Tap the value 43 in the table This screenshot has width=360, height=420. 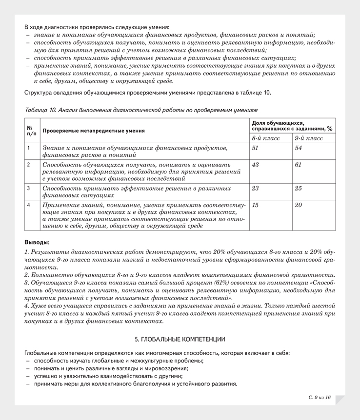click(x=255, y=165)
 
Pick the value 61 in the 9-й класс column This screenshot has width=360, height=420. click(x=299, y=165)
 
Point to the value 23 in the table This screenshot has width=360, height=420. click(x=255, y=188)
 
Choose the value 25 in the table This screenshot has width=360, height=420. click(x=299, y=188)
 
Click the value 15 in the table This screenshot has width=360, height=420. click(x=255, y=205)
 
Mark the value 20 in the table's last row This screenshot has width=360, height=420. click(x=299, y=205)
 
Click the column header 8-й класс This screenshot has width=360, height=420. click(x=265, y=138)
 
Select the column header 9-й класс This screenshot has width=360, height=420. click(x=309, y=138)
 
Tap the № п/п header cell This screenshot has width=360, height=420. click(x=30, y=130)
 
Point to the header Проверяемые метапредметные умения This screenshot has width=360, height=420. click(x=94, y=131)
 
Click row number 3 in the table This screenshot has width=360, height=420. click(x=29, y=188)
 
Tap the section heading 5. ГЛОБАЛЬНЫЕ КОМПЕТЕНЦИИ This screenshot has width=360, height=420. click(x=180, y=338)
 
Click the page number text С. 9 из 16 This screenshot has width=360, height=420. click(x=320, y=398)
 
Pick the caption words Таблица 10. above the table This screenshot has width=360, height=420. click(x=40, y=110)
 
